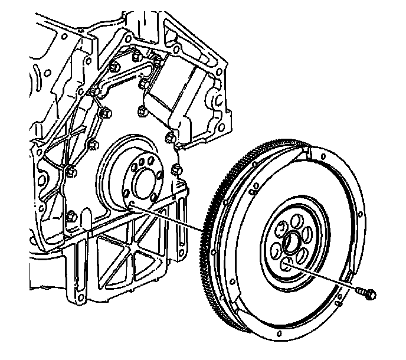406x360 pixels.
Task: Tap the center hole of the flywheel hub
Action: pyautogui.click(x=291, y=242)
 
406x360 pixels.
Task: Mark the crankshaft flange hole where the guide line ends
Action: pyautogui.click(x=131, y=204)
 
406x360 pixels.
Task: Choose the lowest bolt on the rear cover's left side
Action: pyautogui.click(x=71, y=215)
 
